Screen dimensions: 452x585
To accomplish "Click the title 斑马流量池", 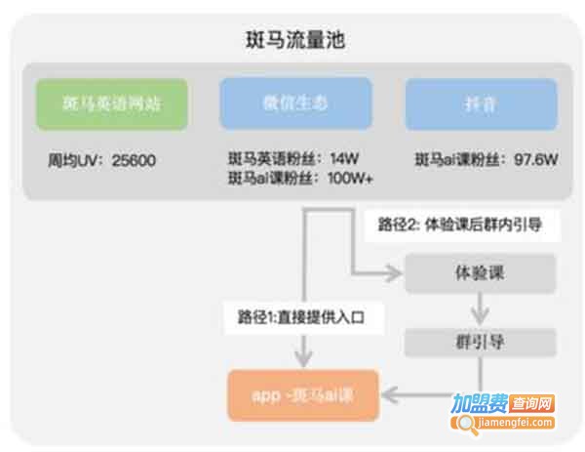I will (x=293, y=41).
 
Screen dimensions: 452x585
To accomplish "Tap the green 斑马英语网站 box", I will (x=111, y=104).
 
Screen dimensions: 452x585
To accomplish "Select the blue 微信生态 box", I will (x=295, y=104).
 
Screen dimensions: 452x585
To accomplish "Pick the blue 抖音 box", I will (x=481, y=104).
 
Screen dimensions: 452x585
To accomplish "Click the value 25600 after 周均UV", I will (x=135, y=160).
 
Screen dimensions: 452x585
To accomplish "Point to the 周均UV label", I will (x=77, y=160).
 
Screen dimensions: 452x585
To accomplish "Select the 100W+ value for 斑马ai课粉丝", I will (x=355, y=178).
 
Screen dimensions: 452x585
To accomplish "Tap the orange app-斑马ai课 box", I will (x=303, y=395).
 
